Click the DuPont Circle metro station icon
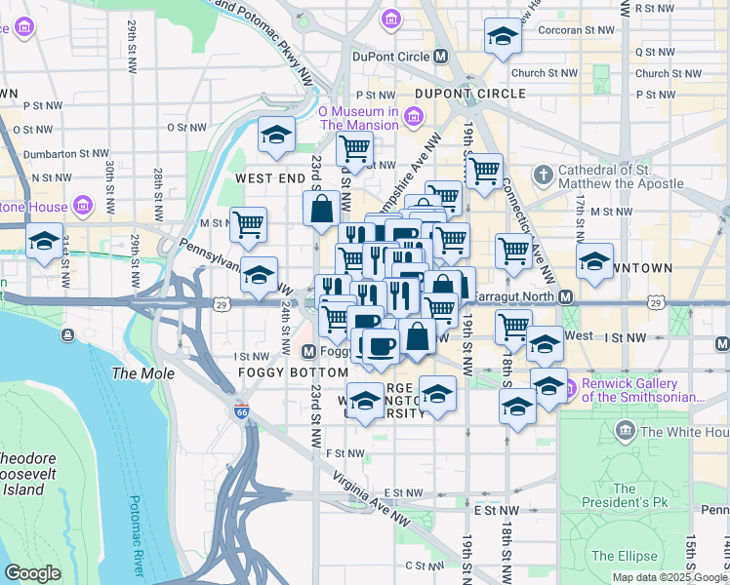tap(440, 57)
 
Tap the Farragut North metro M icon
tap(565, 295)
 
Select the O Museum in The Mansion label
tap(358, 118)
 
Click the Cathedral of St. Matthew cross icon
tap(544, 175)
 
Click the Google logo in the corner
tap(33, 572)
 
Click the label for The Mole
tap(143, 373)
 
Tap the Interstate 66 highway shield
tap(241, 411)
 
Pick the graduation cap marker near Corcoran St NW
tap(503, 36)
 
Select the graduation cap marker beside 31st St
tap(44, 243)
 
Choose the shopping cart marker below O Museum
tap(354, 149)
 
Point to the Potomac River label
tap(137, 535)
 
